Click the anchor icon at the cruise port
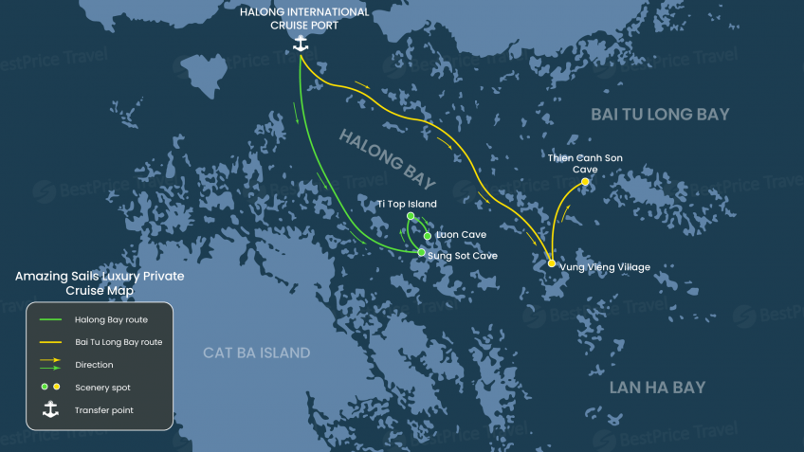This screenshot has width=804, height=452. coord(301,44)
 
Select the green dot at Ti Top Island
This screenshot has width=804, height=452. coord(411,217)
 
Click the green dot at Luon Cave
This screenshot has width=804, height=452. coord(428,236)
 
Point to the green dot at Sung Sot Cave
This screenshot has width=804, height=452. coord(422,253)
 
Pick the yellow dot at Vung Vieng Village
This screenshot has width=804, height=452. coord(552,263)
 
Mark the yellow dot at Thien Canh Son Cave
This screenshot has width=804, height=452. coord(585,182)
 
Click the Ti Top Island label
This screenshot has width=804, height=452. coord(407,204)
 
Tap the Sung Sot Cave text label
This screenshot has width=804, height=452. coord(463,256)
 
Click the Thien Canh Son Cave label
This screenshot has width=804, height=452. coord(585,163)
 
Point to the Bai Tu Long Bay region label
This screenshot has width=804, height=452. coord(660,115)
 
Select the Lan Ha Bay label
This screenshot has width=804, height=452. coord(657,388)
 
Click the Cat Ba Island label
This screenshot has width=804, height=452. coord(256,353)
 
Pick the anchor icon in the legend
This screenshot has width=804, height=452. coord(49,410)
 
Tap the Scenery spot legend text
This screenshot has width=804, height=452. coord(102,388)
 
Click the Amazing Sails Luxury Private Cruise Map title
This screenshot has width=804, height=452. coord(100,283)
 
